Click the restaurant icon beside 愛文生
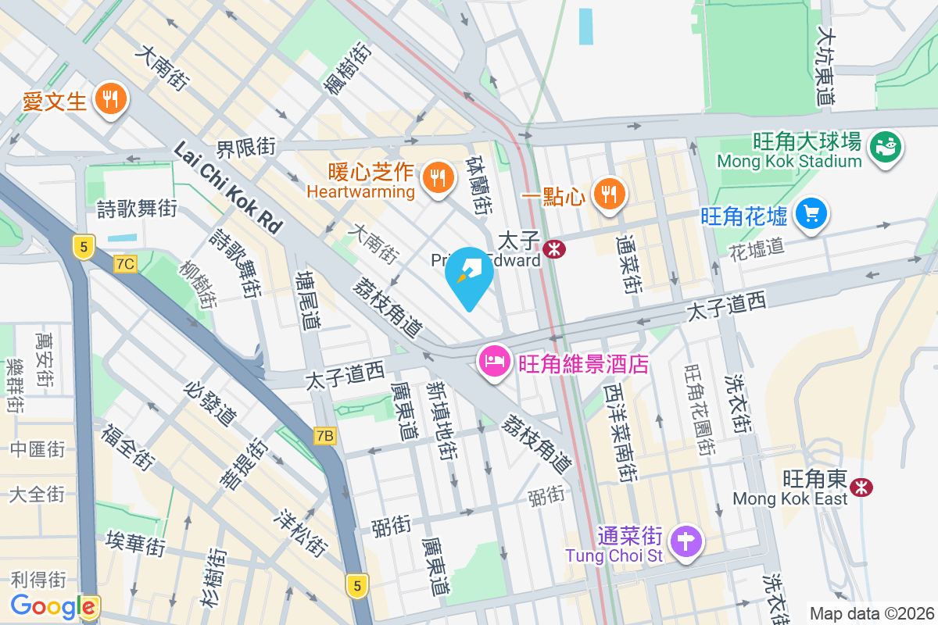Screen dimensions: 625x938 [110, 99]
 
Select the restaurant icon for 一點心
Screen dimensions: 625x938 [608, 193]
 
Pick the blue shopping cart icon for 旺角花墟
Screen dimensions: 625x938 [811, 212]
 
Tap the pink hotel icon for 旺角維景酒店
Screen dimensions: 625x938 [495, 362]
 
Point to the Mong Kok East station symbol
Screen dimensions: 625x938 [862, 487]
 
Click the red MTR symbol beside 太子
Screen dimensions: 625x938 [555, 248]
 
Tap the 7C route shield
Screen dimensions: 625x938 [124, 264]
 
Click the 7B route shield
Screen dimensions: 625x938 [325, 436]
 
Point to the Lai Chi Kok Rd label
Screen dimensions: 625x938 [227, 187]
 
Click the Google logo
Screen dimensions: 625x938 [53, 605]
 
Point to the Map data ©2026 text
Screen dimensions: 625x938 [871, 613]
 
